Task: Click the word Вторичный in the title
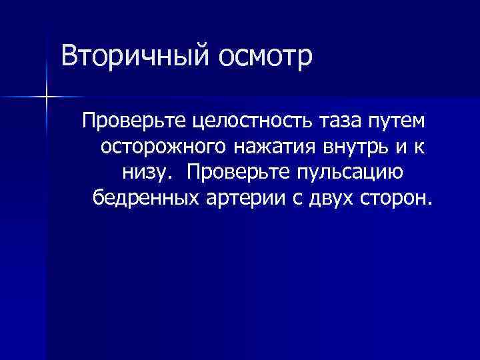[133, 57]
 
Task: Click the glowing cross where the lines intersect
[46, 97]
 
